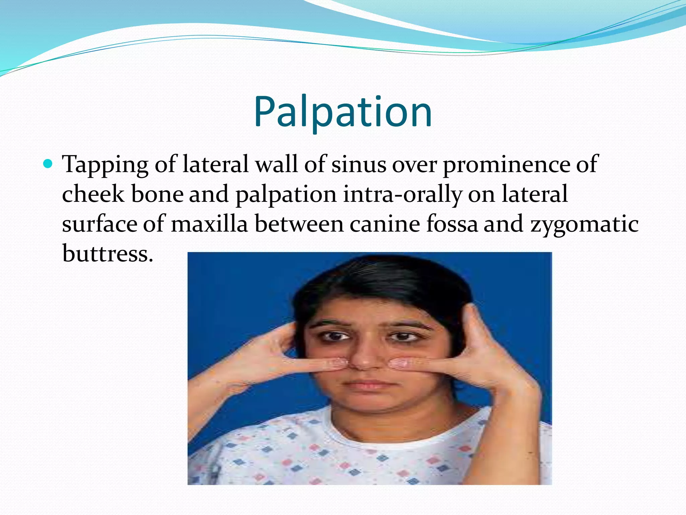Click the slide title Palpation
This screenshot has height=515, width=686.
(x=343, y=112)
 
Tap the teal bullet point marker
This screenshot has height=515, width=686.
(x=48, y=164)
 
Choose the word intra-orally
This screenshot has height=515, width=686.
(x=402, y=195)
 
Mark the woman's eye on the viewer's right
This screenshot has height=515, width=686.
(x=402, y=336)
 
